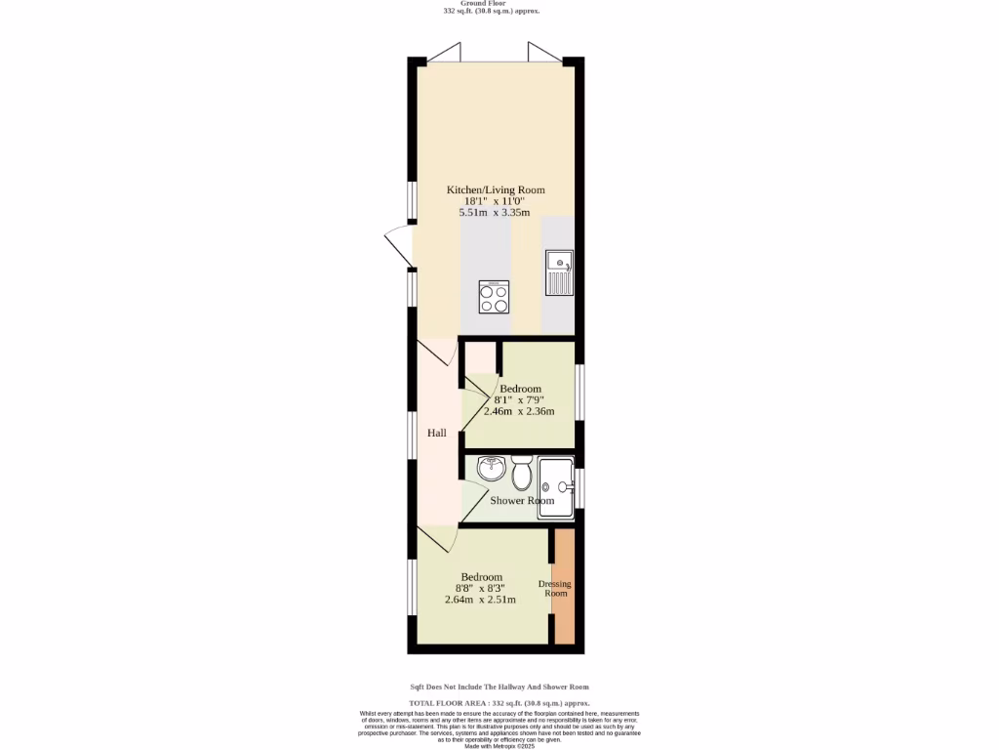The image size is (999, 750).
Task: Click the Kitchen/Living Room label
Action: click(496, 189)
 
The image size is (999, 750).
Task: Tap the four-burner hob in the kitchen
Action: click(494, 296)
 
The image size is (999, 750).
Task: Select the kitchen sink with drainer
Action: click(559, 272)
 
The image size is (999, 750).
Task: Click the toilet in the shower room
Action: click(522, 476)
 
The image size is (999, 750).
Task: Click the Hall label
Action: click(437, 432)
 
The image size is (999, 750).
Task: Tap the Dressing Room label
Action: click(555, 588)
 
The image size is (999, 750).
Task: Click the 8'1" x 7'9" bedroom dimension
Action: click(519, 399)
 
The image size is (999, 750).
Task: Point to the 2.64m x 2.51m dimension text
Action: click(480, 600)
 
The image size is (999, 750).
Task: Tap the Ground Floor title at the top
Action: click(499, 4)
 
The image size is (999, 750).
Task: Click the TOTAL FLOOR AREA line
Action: click(499, 703)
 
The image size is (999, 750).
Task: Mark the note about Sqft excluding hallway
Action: click(499, 687)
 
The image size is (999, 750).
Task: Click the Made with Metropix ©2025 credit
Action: click(499, 746)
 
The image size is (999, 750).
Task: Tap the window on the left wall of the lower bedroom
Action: click(413, 586)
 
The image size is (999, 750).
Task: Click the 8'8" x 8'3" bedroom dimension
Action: click(480, 588)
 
